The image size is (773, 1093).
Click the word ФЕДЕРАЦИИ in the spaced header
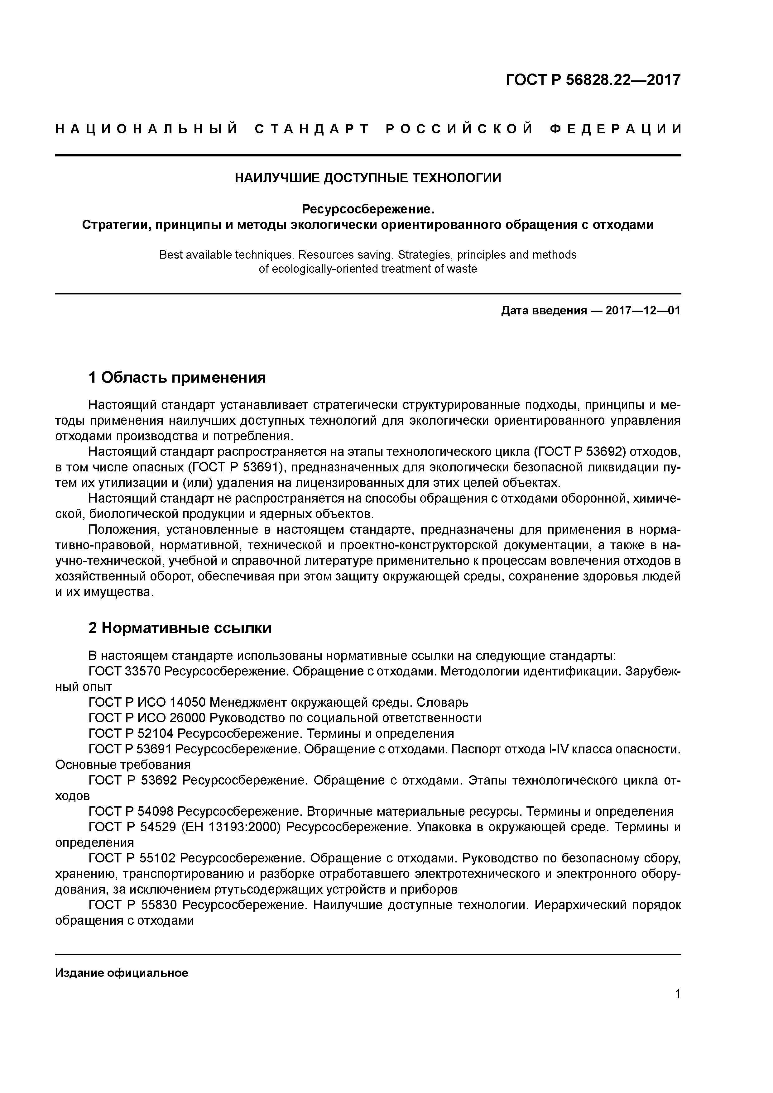click(615, 130)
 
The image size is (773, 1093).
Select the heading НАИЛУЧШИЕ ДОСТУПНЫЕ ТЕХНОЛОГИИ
click(368, 178)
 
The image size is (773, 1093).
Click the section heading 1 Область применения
click(177, 378)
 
